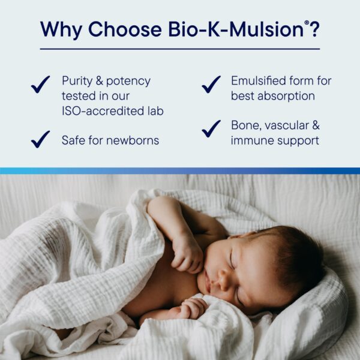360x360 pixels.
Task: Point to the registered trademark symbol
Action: point(306,22)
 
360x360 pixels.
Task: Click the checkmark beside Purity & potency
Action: point(41,85)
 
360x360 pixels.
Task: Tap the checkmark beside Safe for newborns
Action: point(41,139)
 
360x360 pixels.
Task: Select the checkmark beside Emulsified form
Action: point(211,85)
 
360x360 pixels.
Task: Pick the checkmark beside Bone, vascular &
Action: point(211,128)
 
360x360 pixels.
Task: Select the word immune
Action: point(253,141)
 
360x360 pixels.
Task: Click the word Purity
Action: point(77,81)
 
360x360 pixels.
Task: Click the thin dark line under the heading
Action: point(180,49)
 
